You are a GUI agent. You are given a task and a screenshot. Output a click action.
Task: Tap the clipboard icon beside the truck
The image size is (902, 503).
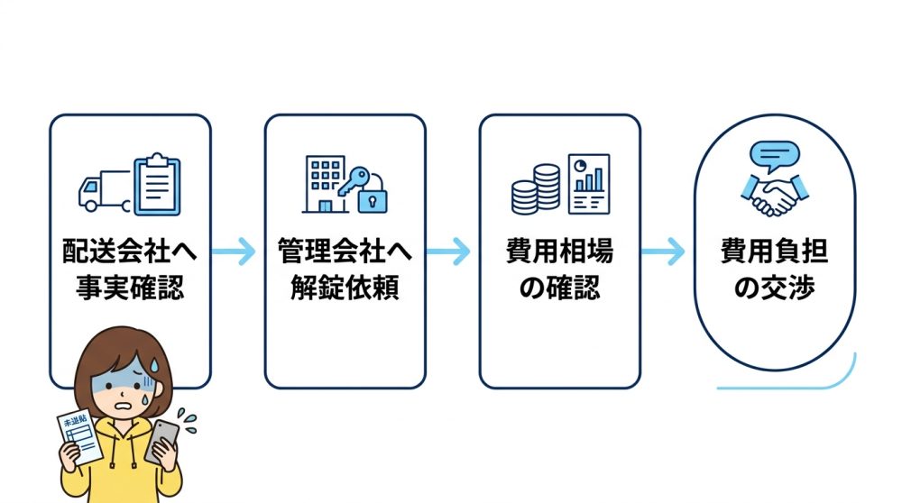[x=157, y=186]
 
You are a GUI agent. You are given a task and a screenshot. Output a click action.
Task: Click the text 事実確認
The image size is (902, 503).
[x=130, y=288]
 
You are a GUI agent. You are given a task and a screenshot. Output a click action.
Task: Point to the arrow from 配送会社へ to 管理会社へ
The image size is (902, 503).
[x=237, y=252]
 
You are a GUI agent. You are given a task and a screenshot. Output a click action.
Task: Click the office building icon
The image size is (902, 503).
[x=323, y=186]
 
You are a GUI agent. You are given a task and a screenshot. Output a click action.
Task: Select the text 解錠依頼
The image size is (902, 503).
[x=345, y=288]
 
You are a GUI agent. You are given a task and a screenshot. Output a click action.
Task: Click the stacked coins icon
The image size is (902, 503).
[x=536, y=188]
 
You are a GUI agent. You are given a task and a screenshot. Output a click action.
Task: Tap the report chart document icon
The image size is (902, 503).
[x=588, y=184]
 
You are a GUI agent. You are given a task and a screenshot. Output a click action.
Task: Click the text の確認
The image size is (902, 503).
[x=559, y=288]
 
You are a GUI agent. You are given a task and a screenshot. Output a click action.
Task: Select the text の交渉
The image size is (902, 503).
[x=775, y=288]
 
